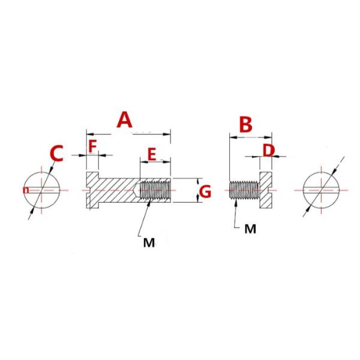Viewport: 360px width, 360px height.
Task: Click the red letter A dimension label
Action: click(124, 120)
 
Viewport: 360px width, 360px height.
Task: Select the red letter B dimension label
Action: click(245, 125)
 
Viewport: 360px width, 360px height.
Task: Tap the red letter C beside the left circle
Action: click(56, 154)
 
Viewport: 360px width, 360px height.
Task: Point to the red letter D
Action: click(268, 151)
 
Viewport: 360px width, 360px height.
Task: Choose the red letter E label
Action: click(152, 154)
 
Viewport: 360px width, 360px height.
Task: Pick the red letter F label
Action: click(92, 146)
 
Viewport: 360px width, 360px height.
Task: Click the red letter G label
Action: click(205, 192)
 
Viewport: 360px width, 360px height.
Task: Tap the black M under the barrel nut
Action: click(149, 242)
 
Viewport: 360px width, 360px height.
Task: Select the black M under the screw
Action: click(250, 229)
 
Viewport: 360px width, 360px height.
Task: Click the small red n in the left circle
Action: click(26, 190)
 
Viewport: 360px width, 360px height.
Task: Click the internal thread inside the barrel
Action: click(155, 190)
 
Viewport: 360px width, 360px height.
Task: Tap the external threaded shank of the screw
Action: click(244, 190)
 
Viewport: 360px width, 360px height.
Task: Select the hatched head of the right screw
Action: click(266, 190)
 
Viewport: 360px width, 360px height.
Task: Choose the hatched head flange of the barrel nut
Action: click(92, 190)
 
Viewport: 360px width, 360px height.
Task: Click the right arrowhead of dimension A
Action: click(167, 134)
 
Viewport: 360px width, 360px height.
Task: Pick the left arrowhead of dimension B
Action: click(233, 137)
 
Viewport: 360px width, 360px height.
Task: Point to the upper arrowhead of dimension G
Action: click(198, 182)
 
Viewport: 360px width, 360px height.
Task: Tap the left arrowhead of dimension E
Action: click(144, 162)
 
